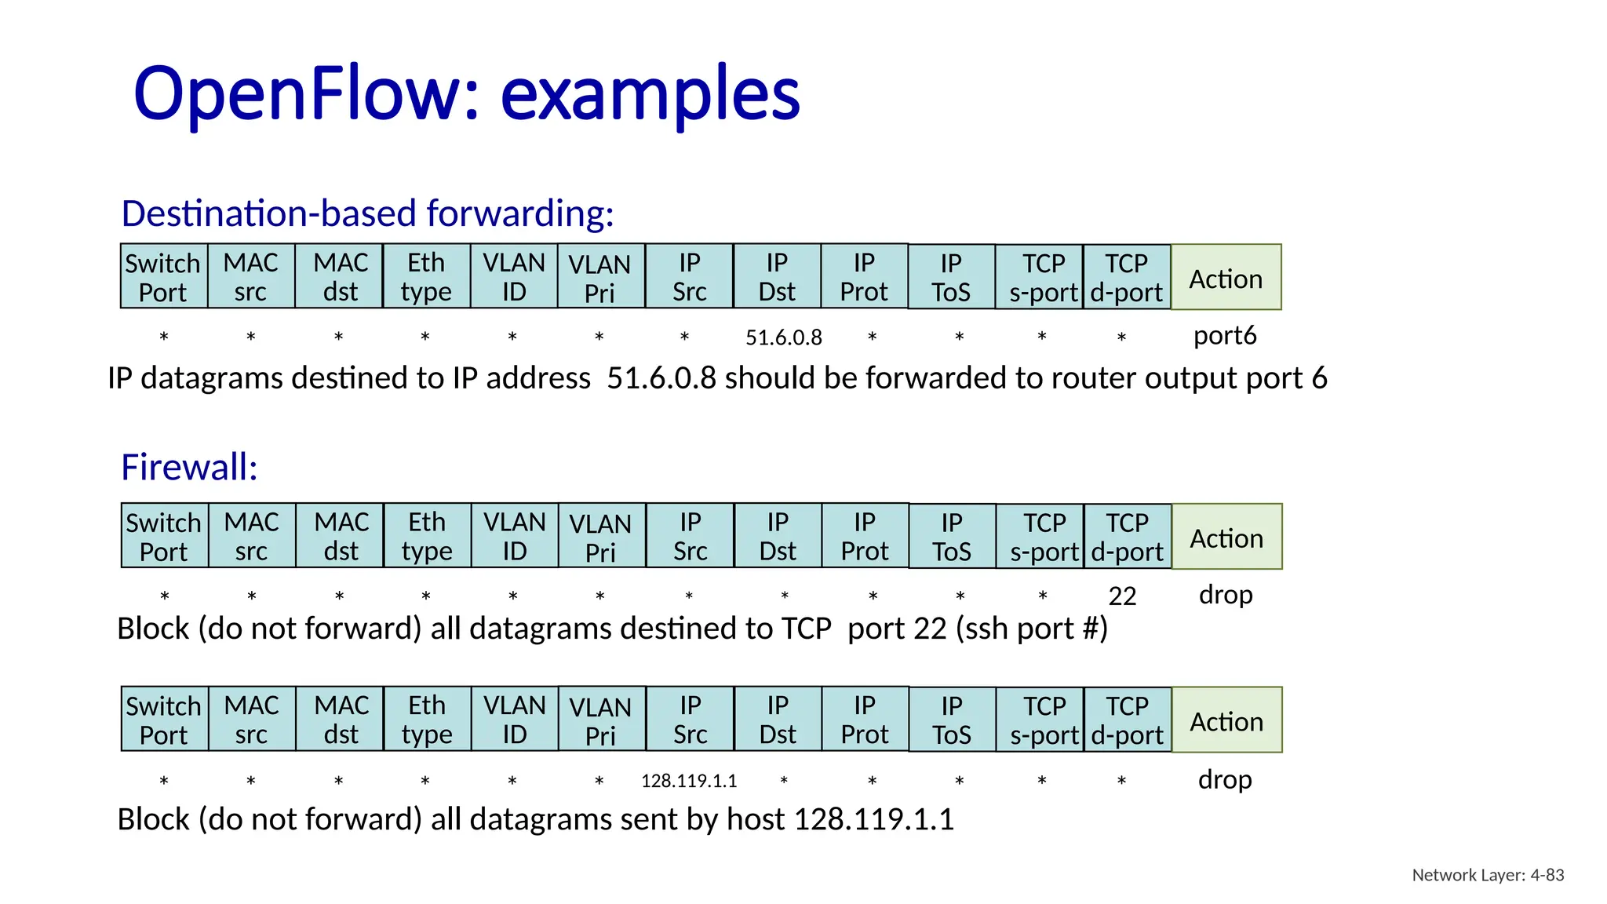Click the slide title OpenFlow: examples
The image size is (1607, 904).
[x=467, y=93]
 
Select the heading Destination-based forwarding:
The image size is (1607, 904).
[x=367, y=213]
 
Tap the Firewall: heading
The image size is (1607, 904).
[x=189, y=467]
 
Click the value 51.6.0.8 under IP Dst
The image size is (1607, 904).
[x=783, y=337]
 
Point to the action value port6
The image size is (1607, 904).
[x=1225, y=336]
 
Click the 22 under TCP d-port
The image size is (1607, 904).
[x=1122, y=596]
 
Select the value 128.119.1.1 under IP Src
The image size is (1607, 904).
[x=689, y=781]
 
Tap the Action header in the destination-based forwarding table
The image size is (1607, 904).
[x=1226, y=278]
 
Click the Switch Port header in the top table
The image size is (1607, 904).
[x=163, y=277]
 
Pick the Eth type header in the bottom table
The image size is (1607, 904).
[x=427, y=720]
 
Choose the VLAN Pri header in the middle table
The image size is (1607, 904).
[x=600, y=538]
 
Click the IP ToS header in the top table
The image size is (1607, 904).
[x=951, y=277]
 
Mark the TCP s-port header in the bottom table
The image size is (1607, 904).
[x=1044, y=720]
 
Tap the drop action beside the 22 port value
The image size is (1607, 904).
[x=1226, y=595]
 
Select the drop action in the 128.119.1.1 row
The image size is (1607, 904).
[x=1225, y=779]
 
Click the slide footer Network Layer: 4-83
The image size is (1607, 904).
[x=1488, y=875]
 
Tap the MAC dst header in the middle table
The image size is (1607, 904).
[x=341, y=537]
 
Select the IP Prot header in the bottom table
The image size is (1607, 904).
[x=865, y=720]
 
